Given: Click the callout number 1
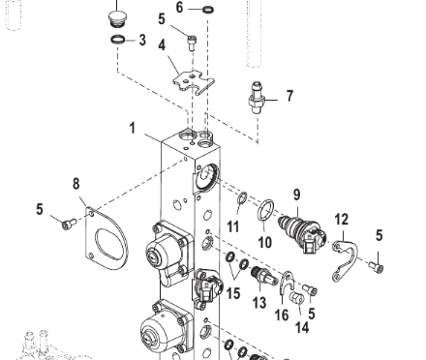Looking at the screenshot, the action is [x=133, y=128].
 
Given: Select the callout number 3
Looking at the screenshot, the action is [x=142, y=40].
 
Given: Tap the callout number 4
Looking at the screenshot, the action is [x=162, y=45].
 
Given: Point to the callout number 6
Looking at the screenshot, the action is [x=179, y=7].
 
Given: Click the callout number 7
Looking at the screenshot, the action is [x=289, y=96].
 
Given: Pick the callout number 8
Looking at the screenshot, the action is [x=76, y=183].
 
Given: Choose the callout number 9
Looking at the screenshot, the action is [x=297, y=195].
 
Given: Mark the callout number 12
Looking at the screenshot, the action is [x=342, y=220].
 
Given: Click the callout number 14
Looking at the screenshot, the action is [x=302, y=327].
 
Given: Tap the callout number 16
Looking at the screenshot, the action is [x=282, y=315].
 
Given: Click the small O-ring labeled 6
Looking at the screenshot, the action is [x=208, y=10].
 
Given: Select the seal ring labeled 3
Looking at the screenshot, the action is [x=117, y=40].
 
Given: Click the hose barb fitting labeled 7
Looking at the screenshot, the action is [x=257, y=98].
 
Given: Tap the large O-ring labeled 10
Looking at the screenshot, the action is [x=265, y=210].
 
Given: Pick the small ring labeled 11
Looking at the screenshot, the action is [x=243, y=198].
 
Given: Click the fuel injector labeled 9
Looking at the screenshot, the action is [x=302, y=233].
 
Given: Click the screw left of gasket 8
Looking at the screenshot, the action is [x=69, y=224].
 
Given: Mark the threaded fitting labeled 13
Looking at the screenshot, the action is [x=264, y=277].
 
